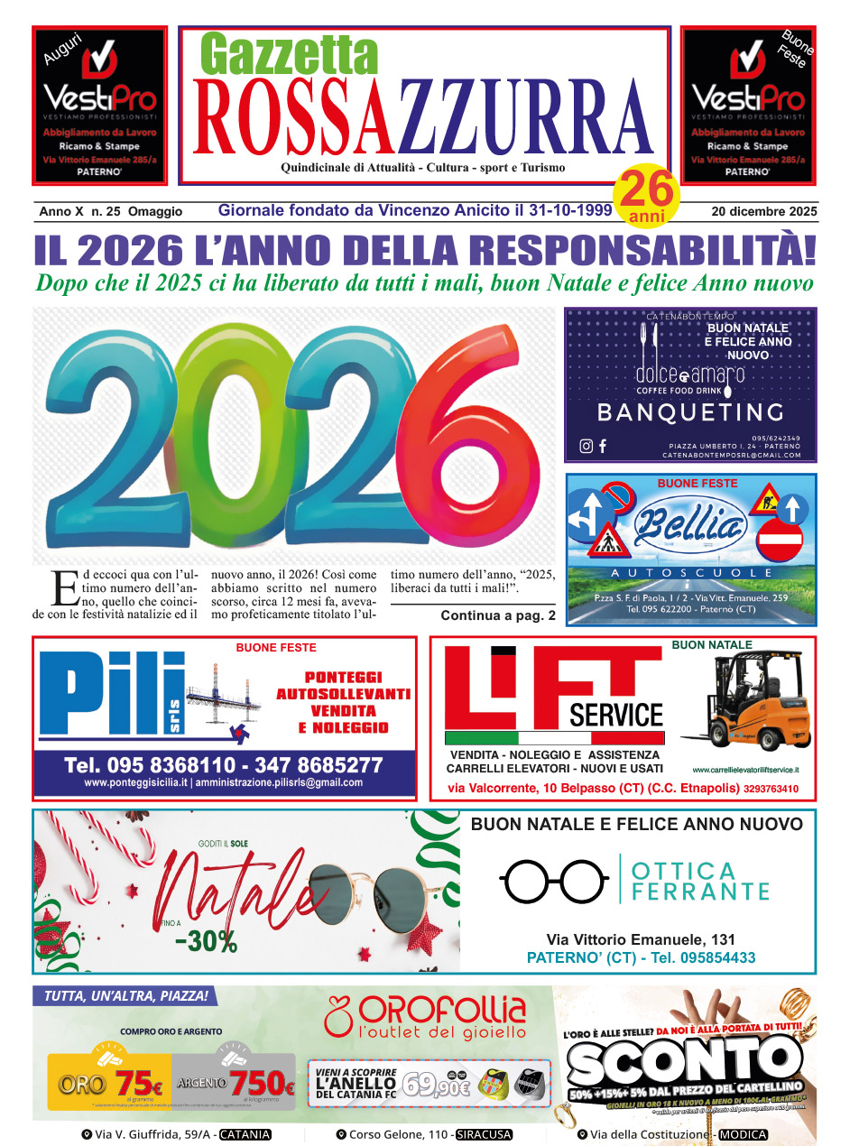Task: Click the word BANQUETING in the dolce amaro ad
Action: pyautogui.click(x=690, y=412)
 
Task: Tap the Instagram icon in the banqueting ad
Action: pyautogui.click(x=587, y=446)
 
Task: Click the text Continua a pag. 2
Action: pyautogui.click(x=498, y=616)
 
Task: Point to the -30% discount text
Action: pyautogui.click(x=206, y=940)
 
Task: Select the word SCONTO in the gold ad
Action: pyautogui.click(x=686, y=1059)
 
